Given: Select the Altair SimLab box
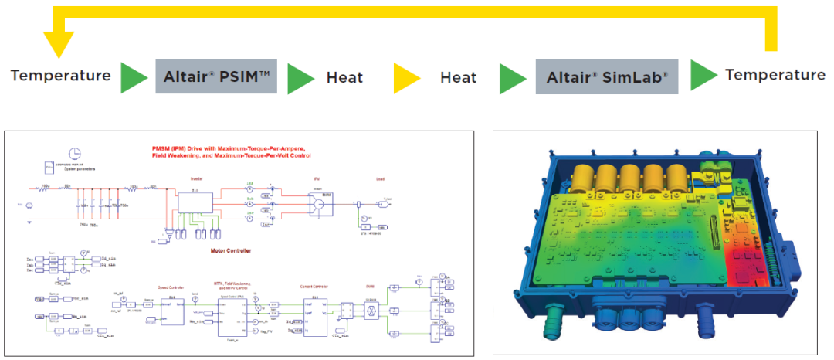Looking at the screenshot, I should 607,76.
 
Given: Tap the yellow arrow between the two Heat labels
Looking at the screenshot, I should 406,77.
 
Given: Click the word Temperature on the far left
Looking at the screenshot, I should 60,76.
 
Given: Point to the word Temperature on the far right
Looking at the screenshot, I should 775,74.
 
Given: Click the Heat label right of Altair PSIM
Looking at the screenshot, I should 344,77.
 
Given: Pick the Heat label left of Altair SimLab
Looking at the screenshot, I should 458,77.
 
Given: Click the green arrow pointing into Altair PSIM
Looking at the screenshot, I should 134,77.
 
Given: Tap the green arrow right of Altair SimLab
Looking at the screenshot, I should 703,75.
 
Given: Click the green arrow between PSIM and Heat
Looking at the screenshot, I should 301,77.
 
